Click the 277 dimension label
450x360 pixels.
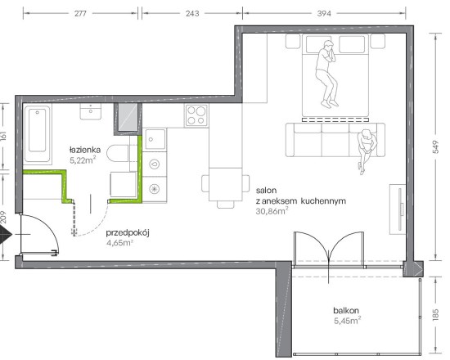[x=80, y=13]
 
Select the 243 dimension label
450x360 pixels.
[x=192, y=13]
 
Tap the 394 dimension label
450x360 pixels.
[x=324, y=13]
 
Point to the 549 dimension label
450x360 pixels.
[x=435, y=146]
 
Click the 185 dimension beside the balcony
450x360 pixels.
[x=435, y=315]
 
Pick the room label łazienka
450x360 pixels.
[x=85, y=150]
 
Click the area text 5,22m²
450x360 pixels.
[x=83, y=160]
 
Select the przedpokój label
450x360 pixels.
[x=128, y=233]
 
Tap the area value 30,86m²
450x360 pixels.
[x=272, y=211]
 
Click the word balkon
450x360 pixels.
[x=346, y=310]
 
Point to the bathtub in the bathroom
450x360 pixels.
[x=38, y=134]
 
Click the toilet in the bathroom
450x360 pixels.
[x=117, y=153]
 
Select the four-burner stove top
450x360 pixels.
[x=196, y=115]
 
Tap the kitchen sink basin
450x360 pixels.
[x=155, y=139]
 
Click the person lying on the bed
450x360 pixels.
[x=327, y=74]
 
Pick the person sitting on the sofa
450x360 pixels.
[x=367, y=151]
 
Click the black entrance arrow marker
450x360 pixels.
[x=5, y=235]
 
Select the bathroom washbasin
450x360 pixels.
[x=90, y=111]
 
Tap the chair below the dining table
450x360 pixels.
[x=226, y=204]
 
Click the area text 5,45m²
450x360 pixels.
[x=347, y=321]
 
